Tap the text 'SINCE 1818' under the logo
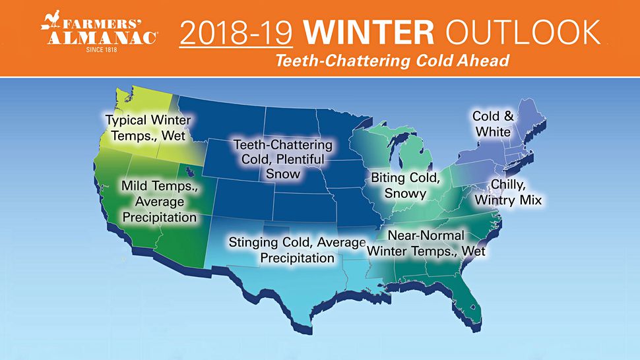(102, 49)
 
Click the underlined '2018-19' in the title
(236, 32)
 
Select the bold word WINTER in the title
(369, 32)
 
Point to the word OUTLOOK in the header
(523, 32)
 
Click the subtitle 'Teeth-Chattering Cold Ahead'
(393, 61)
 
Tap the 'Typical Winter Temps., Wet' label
(148, 128)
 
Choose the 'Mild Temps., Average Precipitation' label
(160, 201)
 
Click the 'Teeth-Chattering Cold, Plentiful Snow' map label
(283, 159)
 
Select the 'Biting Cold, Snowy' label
(405, 185)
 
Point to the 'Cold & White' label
(493, 124)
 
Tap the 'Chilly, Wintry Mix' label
(508, 192)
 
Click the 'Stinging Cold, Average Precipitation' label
(297, 250)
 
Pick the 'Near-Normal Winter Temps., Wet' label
(426, 243)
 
